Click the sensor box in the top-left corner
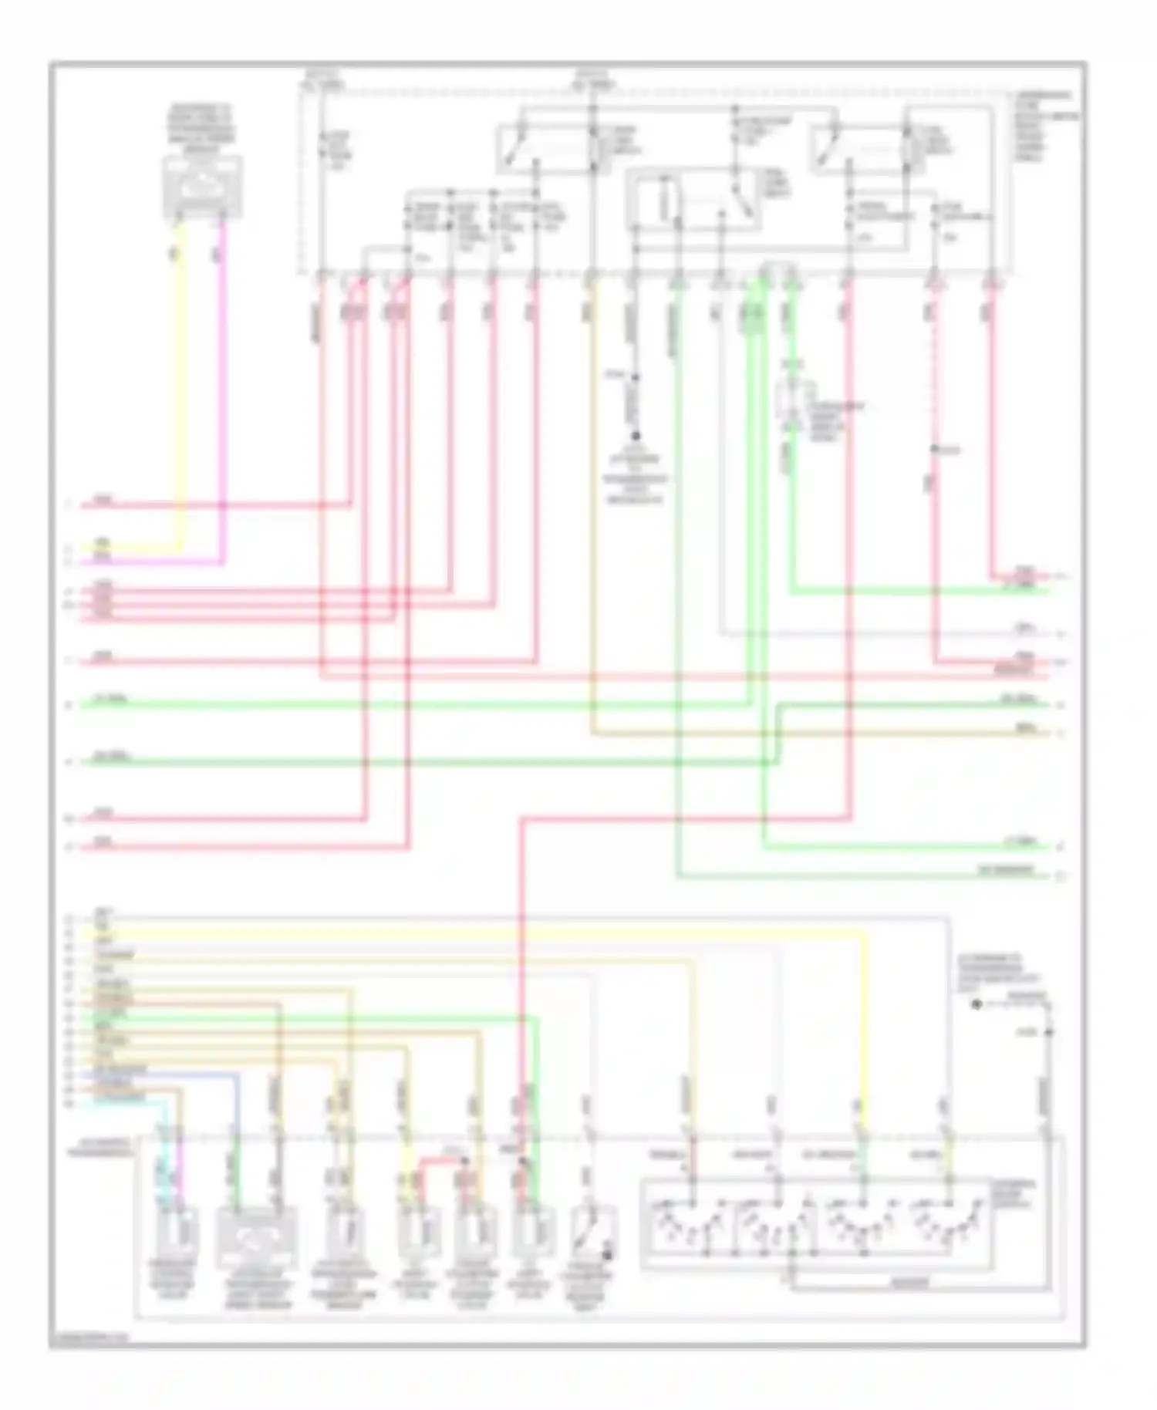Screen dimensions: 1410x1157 (202, 186)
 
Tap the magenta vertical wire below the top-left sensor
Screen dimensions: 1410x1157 (224, 386)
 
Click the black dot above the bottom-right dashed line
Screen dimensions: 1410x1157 (977, 1005)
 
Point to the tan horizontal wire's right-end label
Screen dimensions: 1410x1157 (1026, 729)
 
